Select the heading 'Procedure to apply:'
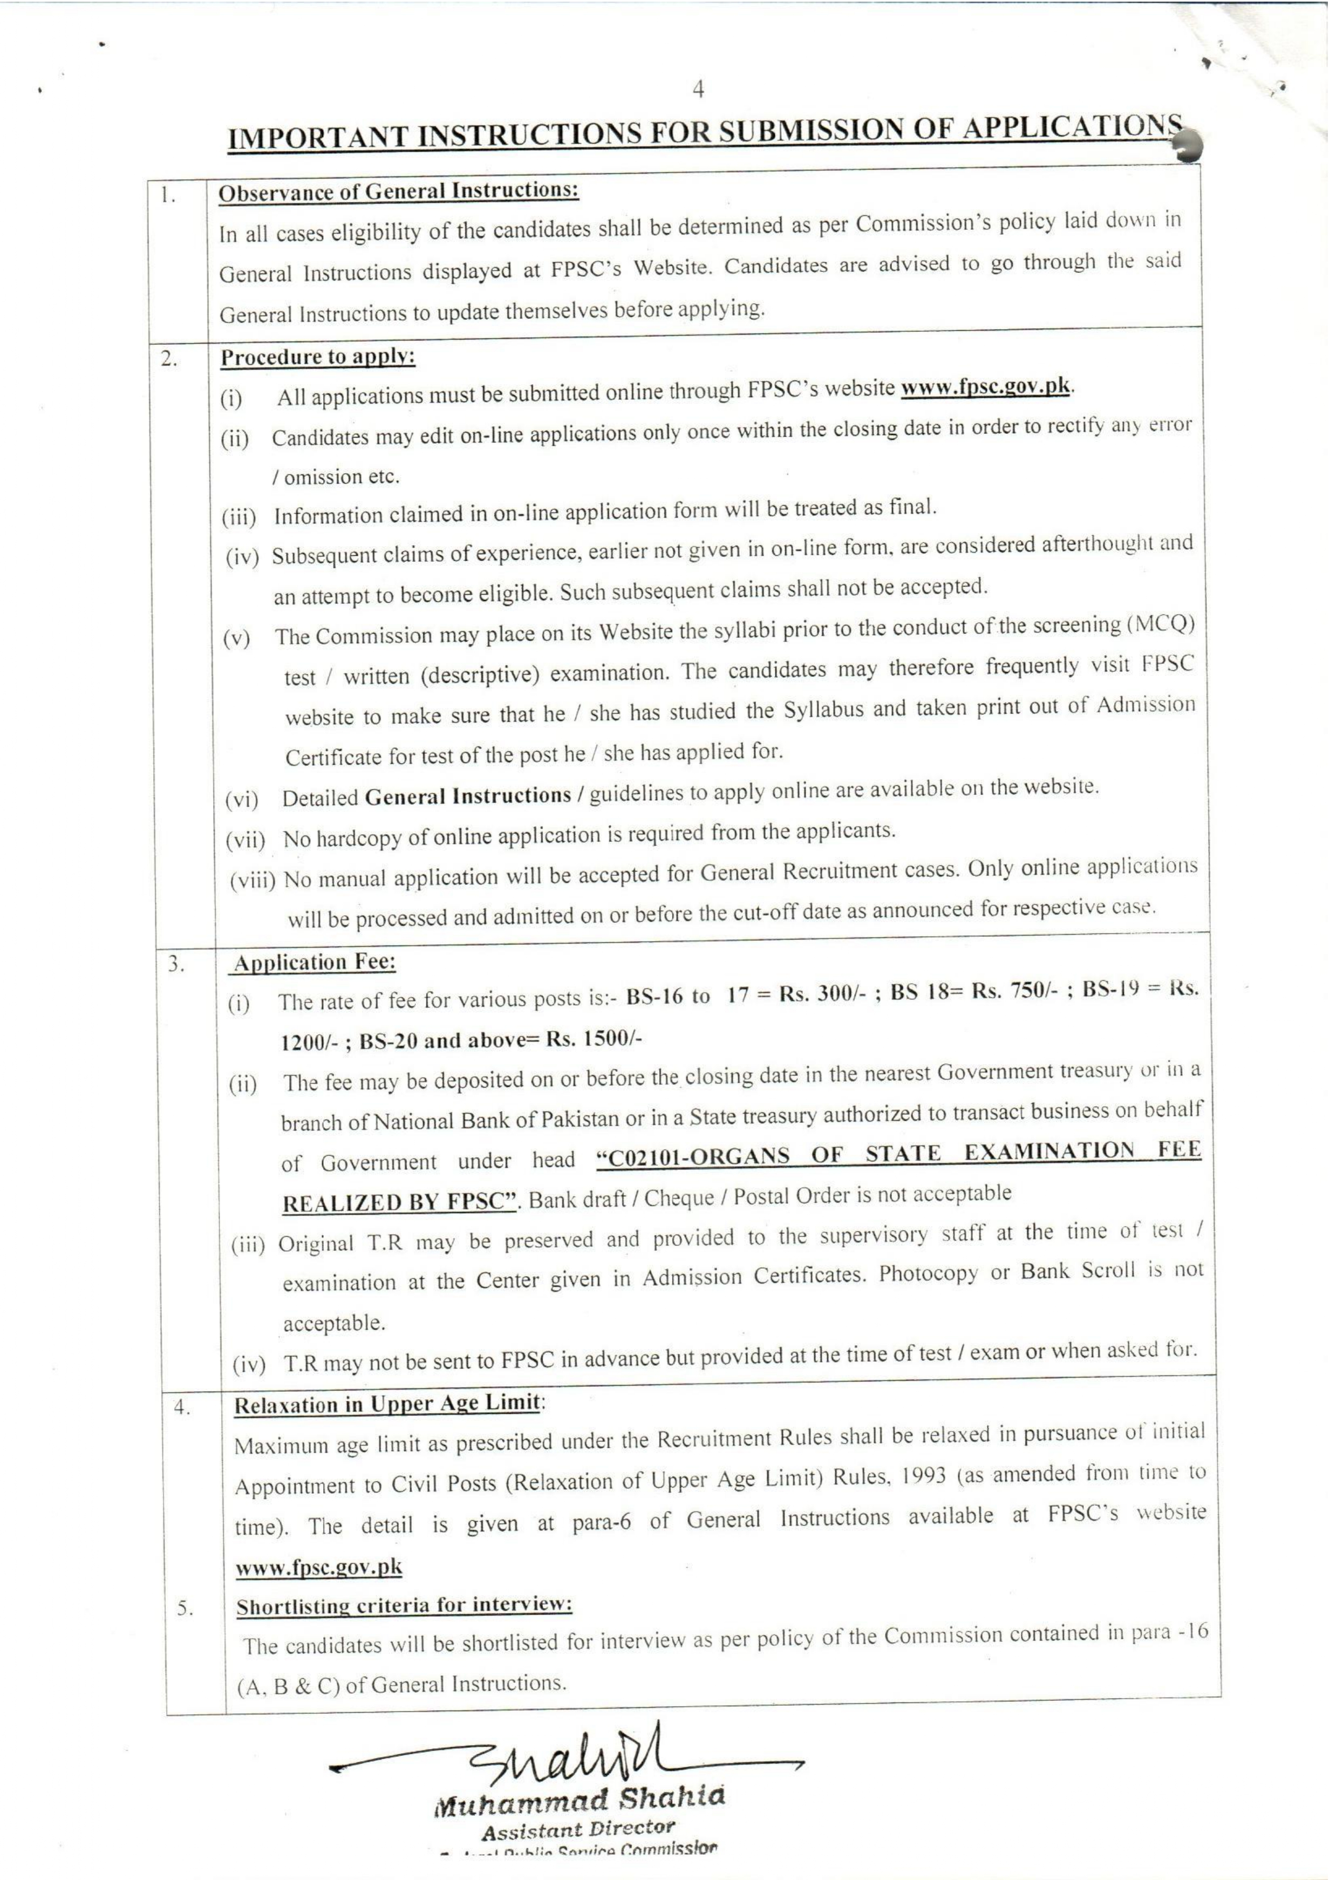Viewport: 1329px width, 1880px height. [318, 357]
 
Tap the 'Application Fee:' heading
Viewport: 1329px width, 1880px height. [315, 962]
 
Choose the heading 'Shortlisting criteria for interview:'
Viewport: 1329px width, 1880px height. [404, 1604]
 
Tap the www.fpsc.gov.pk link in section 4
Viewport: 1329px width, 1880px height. [318, 1566]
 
